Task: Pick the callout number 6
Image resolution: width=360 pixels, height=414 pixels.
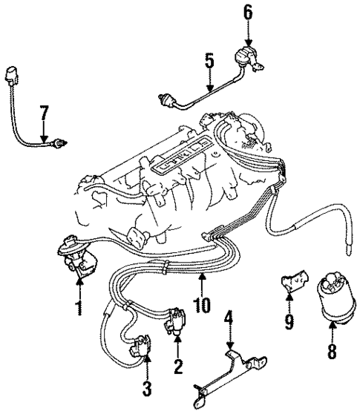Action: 247,13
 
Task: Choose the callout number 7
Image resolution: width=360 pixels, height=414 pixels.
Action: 45,114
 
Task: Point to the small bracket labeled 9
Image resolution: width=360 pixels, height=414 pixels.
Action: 290,283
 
